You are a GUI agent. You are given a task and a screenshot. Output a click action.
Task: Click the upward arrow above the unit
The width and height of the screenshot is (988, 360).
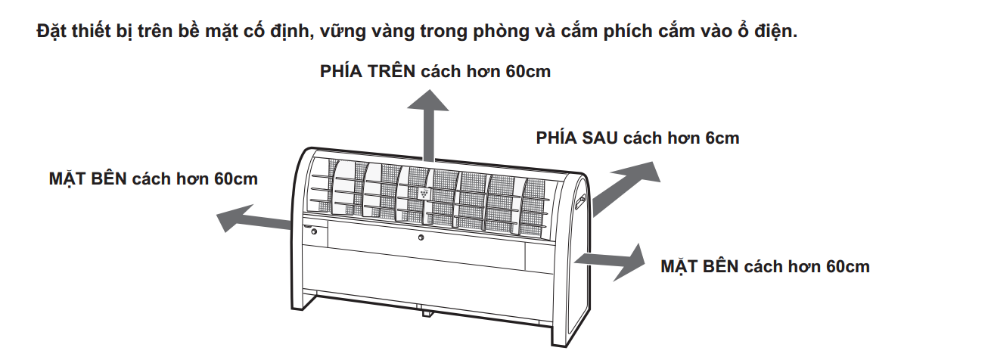pyautogui.click(x=428, y=126)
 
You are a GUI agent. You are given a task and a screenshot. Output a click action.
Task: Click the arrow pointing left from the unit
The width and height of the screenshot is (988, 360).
pyautogui.click(x=253, y=218)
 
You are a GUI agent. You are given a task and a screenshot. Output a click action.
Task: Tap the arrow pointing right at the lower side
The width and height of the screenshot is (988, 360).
pyautogui.click(x=610, y=262)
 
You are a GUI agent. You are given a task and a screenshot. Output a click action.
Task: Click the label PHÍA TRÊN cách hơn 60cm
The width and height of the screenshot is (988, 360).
pyautogui.click(x=435, y=71)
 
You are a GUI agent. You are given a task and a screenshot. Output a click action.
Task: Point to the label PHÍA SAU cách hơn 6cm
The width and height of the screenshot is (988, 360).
pyautogui.click(x=637, y=138)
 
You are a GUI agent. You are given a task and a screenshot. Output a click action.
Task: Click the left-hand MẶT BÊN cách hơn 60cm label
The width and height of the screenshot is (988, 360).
pyautogui.click(x=154, y=179)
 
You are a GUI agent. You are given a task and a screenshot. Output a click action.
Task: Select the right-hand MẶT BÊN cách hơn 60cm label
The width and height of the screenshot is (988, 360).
pyautogui.click(x=766, y=267)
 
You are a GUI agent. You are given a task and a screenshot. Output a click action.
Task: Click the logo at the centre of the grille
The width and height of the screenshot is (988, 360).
pyautogui.click(x=424, y=192)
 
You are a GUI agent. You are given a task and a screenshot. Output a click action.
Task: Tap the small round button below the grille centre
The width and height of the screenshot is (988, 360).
pyautogui.click(x=421, y=237)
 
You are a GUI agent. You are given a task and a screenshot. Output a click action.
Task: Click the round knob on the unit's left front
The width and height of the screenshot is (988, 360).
pyautogui.click(x=314, y=231)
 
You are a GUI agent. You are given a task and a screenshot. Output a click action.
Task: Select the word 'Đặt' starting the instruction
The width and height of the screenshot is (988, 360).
pyautogui.click(x=51, y=31)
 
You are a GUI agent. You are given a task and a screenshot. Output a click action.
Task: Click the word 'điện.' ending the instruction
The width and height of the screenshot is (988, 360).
pyautogui.click(x=775, y=31)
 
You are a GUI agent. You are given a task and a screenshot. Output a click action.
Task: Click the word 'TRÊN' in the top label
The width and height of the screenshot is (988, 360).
pyautogui.click(x=392, y=71)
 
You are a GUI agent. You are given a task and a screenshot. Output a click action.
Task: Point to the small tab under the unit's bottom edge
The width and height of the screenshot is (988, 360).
pyautogui.click(x=427, y=313)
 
